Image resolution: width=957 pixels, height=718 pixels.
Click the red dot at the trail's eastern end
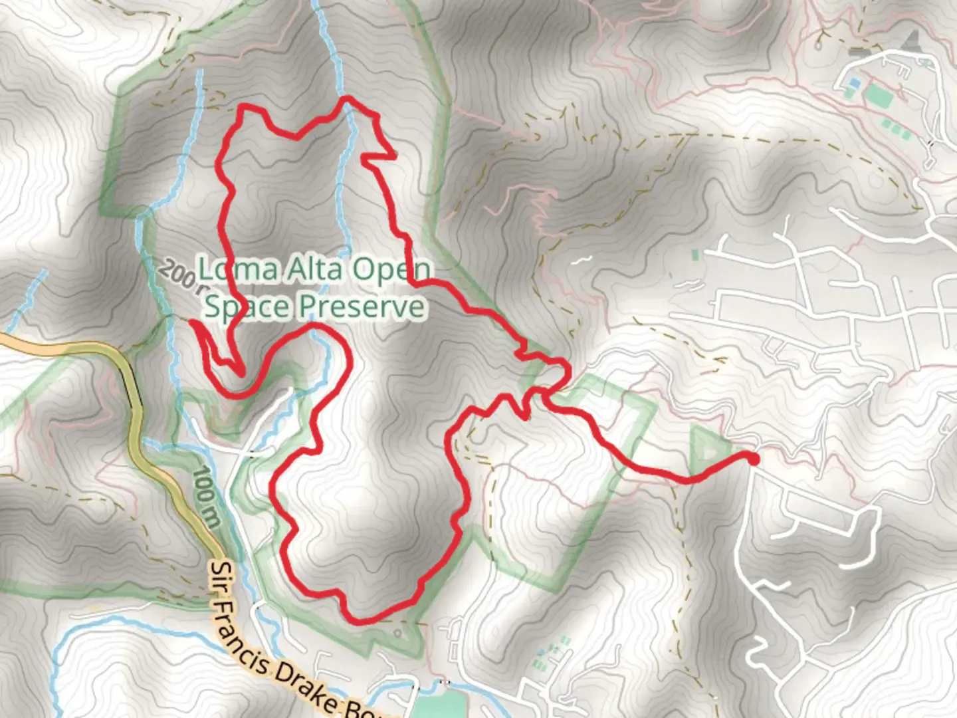[x=753, y=458]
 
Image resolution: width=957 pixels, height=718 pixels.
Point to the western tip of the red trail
[x=192, y=322]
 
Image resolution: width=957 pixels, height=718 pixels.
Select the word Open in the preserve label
[x=391, y=269]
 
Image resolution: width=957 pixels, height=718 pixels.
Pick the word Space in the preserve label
[x=247, y=306]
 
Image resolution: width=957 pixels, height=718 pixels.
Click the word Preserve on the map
[x=362, y=306]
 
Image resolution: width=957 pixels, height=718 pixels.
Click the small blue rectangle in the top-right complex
[x=854, y=83]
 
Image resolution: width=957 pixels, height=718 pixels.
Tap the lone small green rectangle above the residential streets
[x=695, y=255]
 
